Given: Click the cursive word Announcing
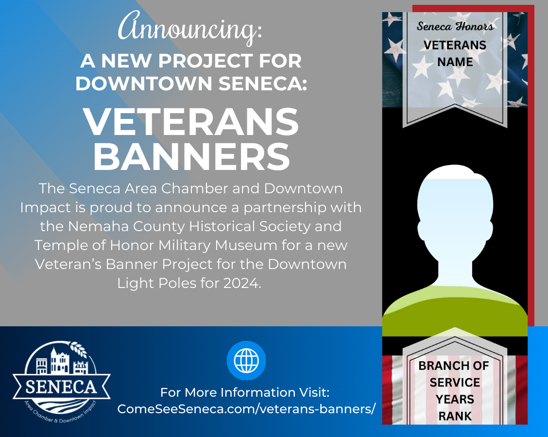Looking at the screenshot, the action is [189, 28].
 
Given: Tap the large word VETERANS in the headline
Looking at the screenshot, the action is [191, 121].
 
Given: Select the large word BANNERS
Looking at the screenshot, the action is [191, 156].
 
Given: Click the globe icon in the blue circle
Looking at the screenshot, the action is [246, 360].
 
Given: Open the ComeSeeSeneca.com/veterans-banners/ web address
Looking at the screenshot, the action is [246, 409].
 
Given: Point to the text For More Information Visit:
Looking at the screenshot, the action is [245, 392].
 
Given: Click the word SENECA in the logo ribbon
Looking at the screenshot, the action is [61, 387].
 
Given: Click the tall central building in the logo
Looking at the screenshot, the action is [59, 360].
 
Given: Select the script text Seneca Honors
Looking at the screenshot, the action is [455, 26].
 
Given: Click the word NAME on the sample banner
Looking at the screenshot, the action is [455, 62].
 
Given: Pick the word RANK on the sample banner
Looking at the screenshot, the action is [455, 416].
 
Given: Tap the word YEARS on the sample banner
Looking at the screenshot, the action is [455, 399].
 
